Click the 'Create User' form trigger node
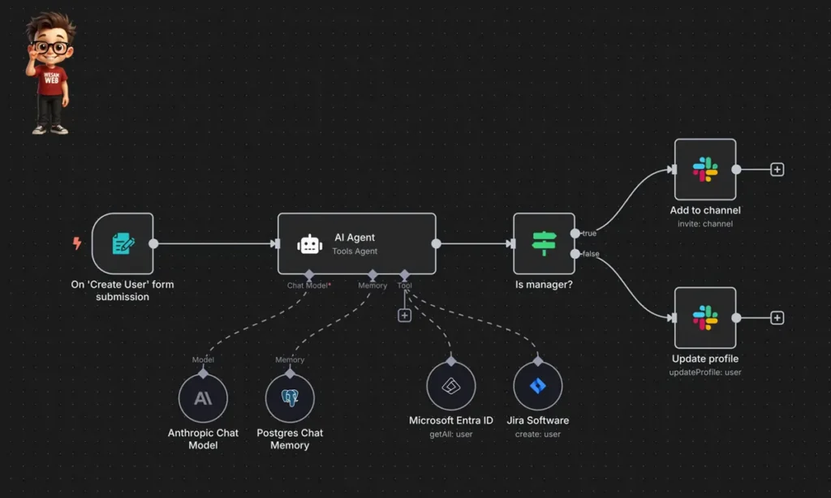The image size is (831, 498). pos(123,243)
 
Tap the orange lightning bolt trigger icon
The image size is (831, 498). pos(77,243)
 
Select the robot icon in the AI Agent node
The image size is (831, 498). pos(309,244)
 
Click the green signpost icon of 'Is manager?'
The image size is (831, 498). pos(544,243)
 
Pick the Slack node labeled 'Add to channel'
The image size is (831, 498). pos(704,170)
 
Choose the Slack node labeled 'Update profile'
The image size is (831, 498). pos(704,318)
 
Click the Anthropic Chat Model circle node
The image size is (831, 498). pos(203,398)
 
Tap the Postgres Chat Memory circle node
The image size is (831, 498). pos(290,398)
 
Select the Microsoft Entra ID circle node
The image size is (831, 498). pos(450,386)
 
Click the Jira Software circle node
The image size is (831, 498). pos(538,386)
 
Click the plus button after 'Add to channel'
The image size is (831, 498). pos(777,170)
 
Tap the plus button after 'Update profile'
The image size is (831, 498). pos(777,318)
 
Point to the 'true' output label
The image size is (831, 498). pos(589,234)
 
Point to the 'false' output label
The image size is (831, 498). pos(591,255)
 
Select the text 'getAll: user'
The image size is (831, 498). pos(450,435)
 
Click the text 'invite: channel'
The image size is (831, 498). pos(704,224)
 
